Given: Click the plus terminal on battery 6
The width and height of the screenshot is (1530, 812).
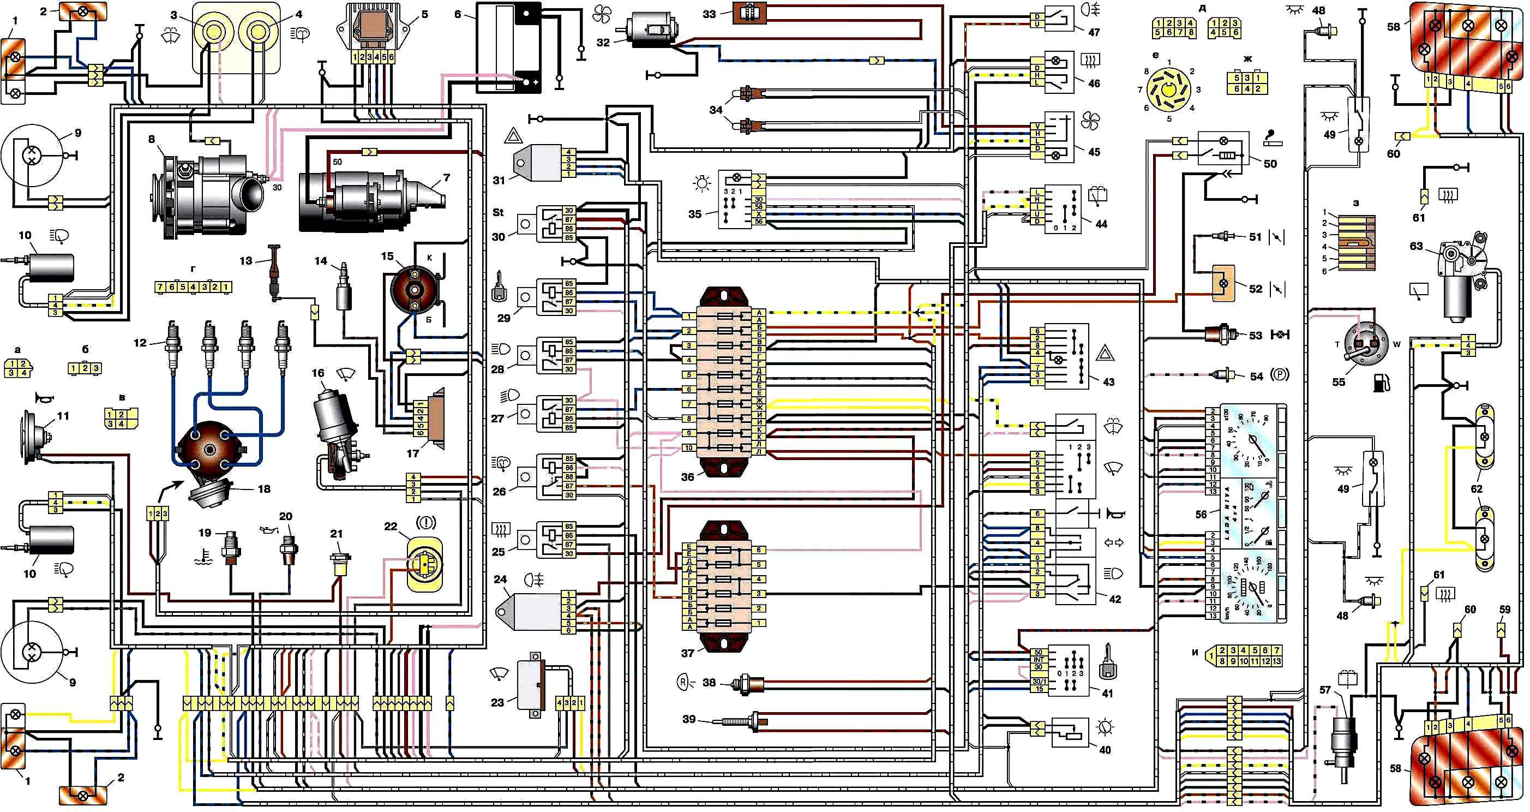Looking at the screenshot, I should (x=535, y=82).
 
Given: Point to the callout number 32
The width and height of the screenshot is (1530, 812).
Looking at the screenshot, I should (x=603, y=43).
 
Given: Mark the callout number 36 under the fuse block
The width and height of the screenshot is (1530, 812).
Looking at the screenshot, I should (x=687, y=477).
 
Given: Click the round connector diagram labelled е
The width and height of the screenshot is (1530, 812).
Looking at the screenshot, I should (x=1169, y=90).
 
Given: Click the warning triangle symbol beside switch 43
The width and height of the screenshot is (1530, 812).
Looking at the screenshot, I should (x=1105, y=355).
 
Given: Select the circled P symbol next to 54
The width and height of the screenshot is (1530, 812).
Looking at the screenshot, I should (x=1280, y=375).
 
